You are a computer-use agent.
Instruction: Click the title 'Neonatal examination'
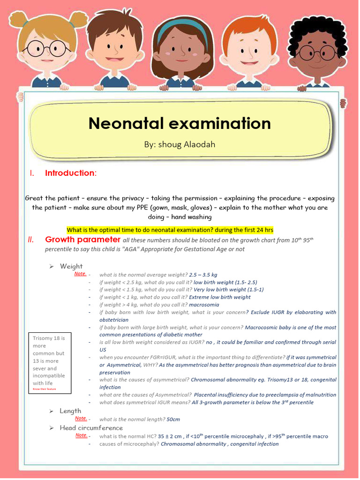point(180,123)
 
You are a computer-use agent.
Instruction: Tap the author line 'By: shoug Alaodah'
point(180,144)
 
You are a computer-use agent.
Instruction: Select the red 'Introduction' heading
point(70,173)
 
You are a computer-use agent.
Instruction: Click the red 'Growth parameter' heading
point(82,240)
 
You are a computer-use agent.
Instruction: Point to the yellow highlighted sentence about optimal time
point(170,230)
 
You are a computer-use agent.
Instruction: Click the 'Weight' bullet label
point(71,266)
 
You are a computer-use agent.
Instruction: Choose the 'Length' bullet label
point(70,411)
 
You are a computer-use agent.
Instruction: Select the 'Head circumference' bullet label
point(91,427)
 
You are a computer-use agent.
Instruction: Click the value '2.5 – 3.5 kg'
point(202,275)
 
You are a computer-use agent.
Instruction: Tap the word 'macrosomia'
point(204,305)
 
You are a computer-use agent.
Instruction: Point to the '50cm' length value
point(173,419)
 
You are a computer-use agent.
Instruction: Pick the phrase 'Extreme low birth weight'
point(219,297)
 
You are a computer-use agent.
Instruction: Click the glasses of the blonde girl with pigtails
point(47,49)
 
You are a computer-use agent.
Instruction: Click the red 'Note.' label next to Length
point(81,418)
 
